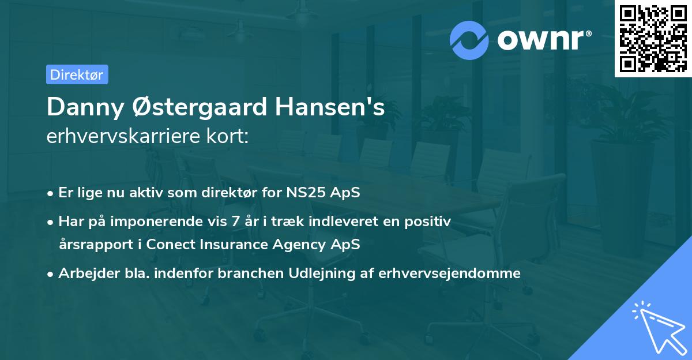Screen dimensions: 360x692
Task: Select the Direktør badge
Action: (x=77, y=74)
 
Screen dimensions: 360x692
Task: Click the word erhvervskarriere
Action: (x=124, y=137)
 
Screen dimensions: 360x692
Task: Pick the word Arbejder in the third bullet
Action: (x=84, y=273)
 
